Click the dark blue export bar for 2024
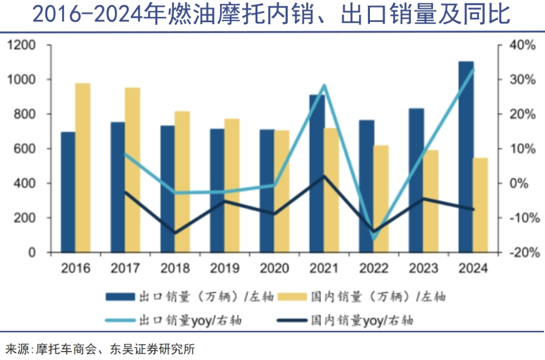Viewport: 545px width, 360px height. click(466, 157)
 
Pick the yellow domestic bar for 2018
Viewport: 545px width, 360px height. click(182, 181)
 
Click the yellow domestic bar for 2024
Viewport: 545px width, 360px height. click(481, 205)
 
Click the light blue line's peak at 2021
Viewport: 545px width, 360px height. click(324, 85)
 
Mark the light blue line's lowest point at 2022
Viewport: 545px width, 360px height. click(374, 239)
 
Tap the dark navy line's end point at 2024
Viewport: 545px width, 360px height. click(473, 209)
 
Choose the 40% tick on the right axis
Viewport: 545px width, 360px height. click(521, 45)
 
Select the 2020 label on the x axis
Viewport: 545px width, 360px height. click(275, 268)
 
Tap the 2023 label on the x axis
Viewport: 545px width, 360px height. click(423, 268)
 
